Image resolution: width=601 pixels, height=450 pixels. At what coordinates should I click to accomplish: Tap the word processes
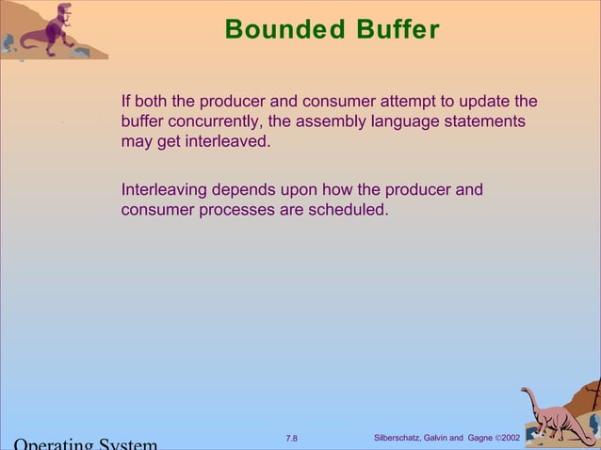(x=236, y=210)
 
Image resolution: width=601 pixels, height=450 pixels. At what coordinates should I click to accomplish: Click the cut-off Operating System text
(x=85, y=443)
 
